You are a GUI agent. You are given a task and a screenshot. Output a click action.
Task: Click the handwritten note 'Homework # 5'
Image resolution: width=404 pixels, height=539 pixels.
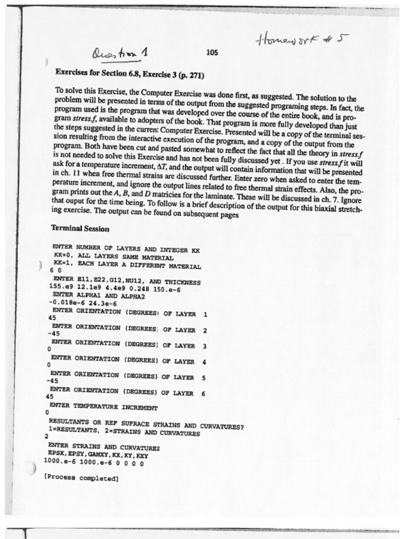click(302, 39)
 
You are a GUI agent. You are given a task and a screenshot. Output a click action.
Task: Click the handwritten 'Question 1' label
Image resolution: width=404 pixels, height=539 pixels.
click(119, 53)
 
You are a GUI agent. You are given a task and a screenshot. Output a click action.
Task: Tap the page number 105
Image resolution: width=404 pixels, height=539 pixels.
click(212, 52)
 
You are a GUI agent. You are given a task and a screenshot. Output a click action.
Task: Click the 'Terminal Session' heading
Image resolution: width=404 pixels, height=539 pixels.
click(80, 228)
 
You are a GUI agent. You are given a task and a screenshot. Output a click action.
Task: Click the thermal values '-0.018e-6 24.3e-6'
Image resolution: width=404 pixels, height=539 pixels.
click(83, 303)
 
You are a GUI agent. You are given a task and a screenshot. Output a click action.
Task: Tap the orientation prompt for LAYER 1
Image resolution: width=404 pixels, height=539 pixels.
click(129, 313)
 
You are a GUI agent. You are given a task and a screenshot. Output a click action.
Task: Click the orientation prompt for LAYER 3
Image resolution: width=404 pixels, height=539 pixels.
click(128, 345)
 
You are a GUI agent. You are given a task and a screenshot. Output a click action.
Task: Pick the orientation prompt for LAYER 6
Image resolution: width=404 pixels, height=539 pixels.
click(127, 392)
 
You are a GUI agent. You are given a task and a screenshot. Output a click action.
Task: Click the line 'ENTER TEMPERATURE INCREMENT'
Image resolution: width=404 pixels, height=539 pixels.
click(103, 407)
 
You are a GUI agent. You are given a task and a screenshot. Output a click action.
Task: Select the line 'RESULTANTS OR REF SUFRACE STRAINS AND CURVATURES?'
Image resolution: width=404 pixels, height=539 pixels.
click(146, 426)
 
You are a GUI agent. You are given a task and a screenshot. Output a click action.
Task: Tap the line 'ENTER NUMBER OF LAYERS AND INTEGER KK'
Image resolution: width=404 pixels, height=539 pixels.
click(126, 249)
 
